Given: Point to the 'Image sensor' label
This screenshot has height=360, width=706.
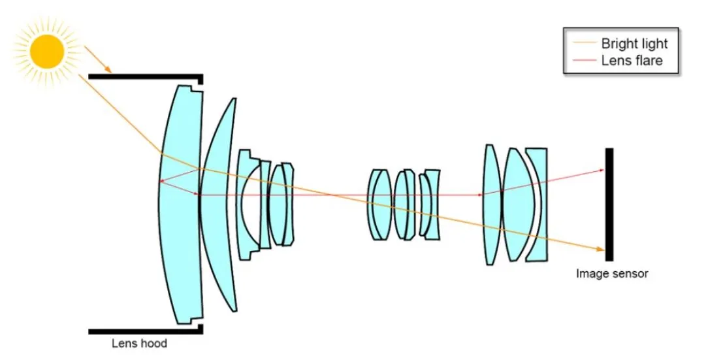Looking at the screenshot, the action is [x=612, y=274].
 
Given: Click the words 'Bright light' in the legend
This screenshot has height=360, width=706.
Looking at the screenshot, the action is [x=634, y=44].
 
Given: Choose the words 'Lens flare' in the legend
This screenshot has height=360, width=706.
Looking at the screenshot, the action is [x=631, y=61].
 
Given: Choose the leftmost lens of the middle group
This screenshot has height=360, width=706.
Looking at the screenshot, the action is [x=379, y=204].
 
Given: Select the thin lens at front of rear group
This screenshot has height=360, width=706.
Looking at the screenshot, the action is [x=491, y=204].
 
